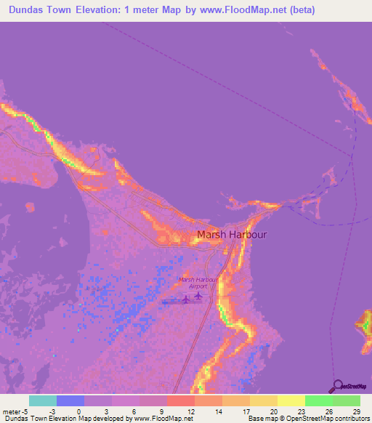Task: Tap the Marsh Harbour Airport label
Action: [197, 283]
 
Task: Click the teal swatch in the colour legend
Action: [43, 400]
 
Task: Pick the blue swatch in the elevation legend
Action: [70, 400]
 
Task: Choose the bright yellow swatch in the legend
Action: [291, 400]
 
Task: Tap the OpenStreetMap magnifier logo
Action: [338, 386]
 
